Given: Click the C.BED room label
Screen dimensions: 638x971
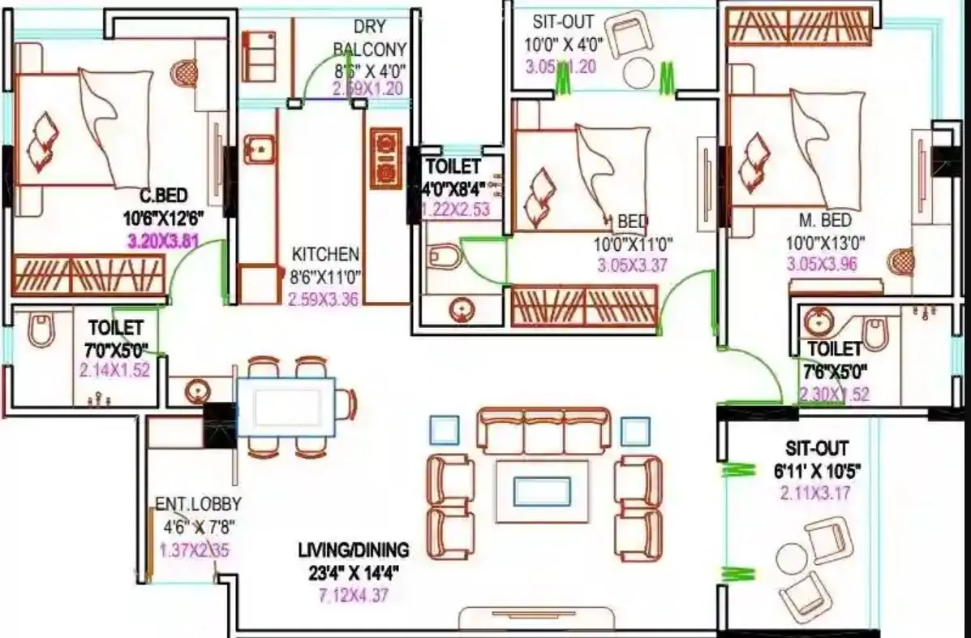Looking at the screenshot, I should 165,195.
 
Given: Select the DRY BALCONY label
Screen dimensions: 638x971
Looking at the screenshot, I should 369,39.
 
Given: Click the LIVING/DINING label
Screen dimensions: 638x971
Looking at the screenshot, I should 354,550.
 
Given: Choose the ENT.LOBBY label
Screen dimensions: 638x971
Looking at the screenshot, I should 198,504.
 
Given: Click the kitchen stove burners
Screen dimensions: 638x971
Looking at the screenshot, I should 385,157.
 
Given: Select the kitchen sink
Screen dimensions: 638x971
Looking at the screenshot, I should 259,149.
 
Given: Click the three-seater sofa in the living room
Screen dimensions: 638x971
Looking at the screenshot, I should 543,430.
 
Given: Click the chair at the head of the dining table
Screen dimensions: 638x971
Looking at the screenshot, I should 347,403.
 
